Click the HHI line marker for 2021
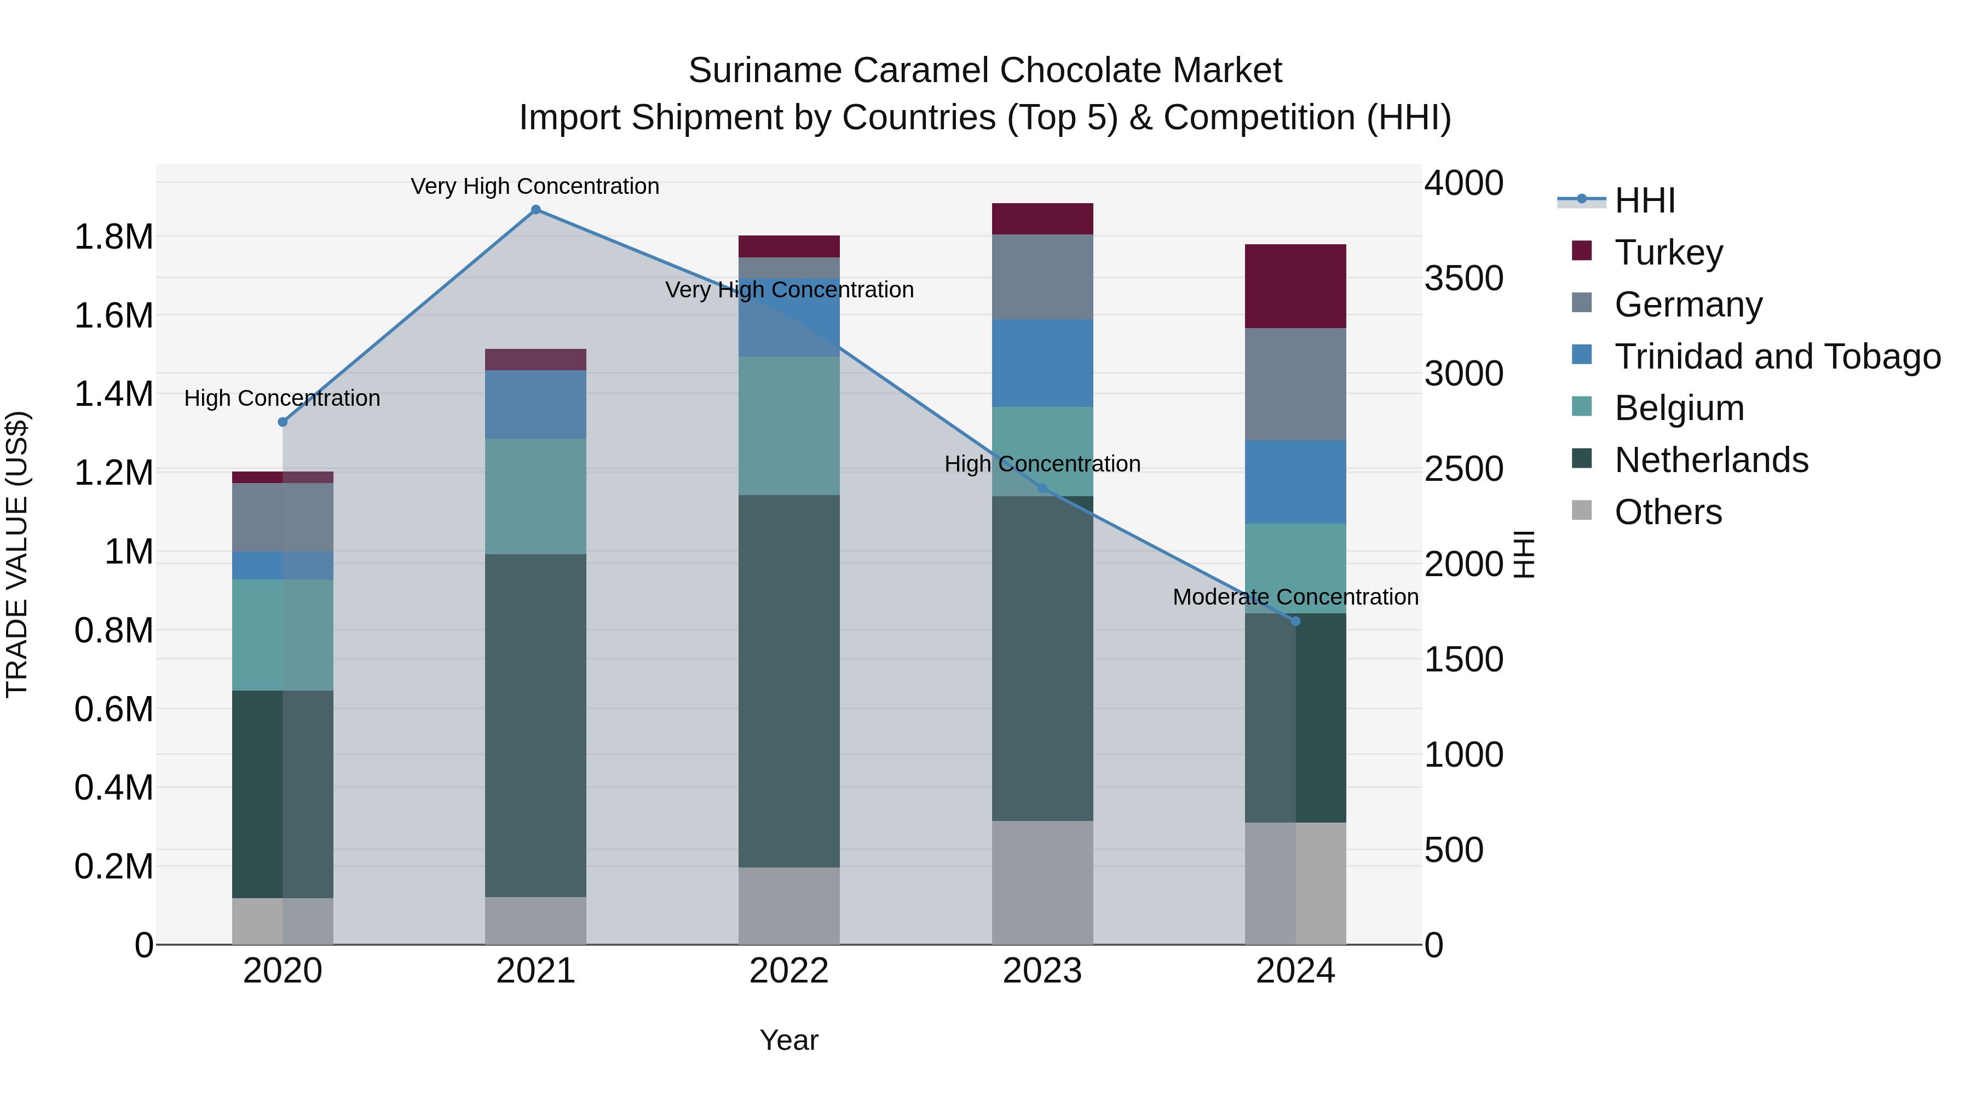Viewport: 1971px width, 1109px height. click(x=535, y=210)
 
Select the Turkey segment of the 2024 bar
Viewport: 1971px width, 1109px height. click(x=1295, y=286)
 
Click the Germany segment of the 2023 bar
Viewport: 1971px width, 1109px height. click(x=1042, y=277)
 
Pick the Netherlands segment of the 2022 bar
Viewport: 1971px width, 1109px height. click(x=789, y=681)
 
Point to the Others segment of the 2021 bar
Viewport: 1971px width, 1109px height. click(x=535, y=921)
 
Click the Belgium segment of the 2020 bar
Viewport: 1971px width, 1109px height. click(x=283, y=635)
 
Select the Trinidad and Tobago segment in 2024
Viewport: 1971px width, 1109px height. click(x=1295, y=482)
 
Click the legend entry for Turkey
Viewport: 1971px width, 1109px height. click(x=1668, y=252)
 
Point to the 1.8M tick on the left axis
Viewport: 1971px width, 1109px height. click(x=113, y=237)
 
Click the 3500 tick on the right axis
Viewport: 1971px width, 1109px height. click(x=1463, y=279)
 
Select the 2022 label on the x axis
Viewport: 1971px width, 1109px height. click(x=789, y=971)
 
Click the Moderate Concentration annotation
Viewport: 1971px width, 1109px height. click(x=1295, y=597)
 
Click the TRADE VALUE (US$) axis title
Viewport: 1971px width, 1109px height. click(x=17, y=554)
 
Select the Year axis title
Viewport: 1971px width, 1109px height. click(x=789, y=1040)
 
